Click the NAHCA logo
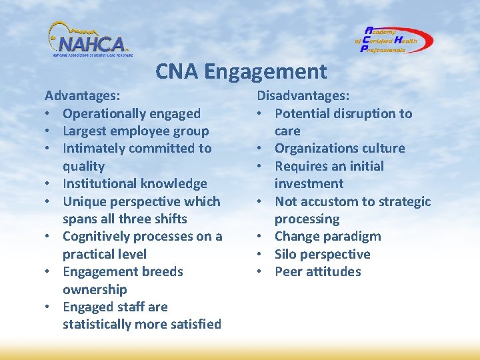(x=89, y=40)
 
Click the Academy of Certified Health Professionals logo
(x=393, y=40)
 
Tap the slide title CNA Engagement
(x=241, y=71)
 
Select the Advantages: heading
(x=83, y=96)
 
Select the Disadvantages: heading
(x=303, y=96)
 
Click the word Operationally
(x=104, y=114)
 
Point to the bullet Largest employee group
(x=135, y=131)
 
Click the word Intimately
(x=94, y=149)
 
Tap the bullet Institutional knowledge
(x=135, y=183)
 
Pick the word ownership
(x=95, y=289)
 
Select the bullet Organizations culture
(x=339, y=149)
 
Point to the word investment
(x=309, y=183)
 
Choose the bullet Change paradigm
(x=327, y=236)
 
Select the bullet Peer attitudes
(x=317, y=271)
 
